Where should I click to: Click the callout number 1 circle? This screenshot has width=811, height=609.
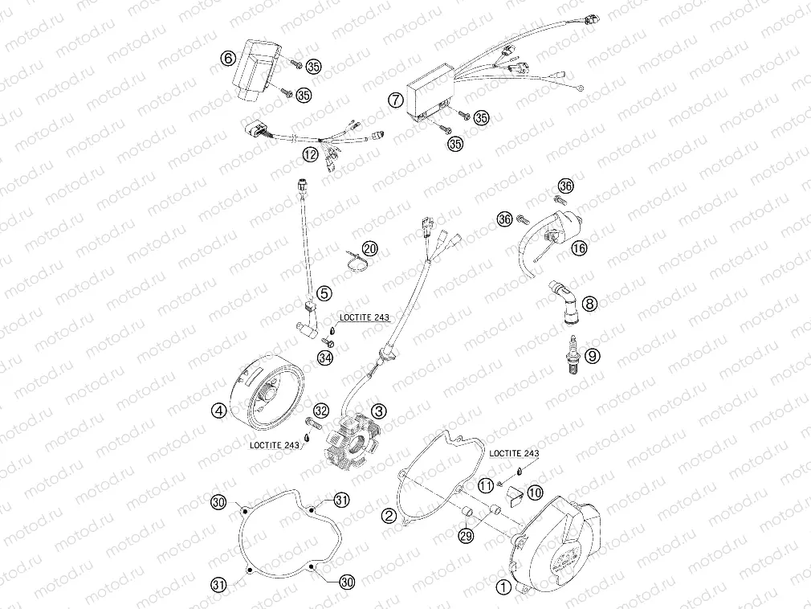pyautogui.click(x=503, y=587)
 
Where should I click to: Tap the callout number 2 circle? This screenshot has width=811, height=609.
pyautogui.click(x=389, y=514)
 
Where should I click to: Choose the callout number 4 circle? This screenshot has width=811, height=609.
pyautogui.click(x=218, y=411)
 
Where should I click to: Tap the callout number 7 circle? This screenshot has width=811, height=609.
pyautogui.click(x=395, y=100)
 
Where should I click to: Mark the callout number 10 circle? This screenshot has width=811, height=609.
pyautogui.click(x=535, y=491)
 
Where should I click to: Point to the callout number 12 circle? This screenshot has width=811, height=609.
pyautogui.click(x=310, y=153)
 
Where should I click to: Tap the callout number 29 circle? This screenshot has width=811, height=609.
pyautogui.click(x=467, y=534)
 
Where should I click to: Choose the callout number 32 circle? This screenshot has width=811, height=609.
pyautogui.click(x=320, y=411)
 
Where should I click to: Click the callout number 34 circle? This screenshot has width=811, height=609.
pyautogui.click(x=325, y=357)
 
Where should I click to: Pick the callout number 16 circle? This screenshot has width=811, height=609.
pyautogui.click(x=579, y=248)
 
